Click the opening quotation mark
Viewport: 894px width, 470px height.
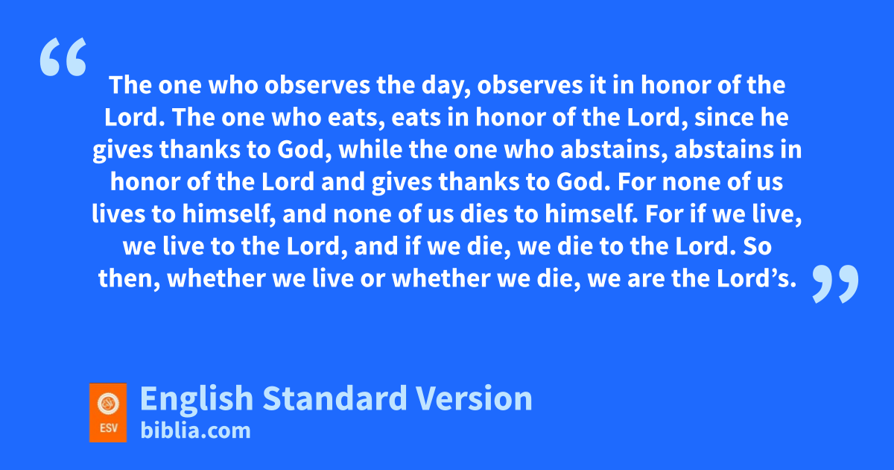63,57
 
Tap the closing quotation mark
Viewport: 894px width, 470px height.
835,284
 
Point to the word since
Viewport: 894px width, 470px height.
724,118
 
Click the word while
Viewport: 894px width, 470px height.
370,149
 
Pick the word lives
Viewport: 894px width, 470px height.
118,214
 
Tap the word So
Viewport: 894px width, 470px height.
757,246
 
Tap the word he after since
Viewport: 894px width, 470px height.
774,118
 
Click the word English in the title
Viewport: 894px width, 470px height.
197,400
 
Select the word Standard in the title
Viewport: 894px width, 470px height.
335,398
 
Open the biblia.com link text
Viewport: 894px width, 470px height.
195,430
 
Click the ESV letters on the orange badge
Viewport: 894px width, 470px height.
109,428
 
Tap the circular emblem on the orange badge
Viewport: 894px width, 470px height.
108,404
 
